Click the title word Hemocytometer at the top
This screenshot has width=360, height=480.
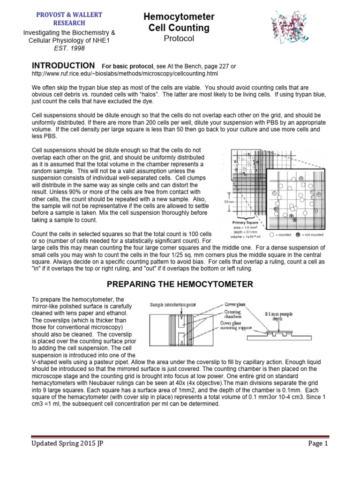tap(179, 17)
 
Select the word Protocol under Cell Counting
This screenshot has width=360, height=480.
tap(179, 39)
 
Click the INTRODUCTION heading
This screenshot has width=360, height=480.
tap(63, 65)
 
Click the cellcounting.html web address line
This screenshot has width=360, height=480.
tap(125, 74)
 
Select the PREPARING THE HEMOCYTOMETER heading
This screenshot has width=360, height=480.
tap(181, 284)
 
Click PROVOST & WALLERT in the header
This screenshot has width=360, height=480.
tap(69, 15)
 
